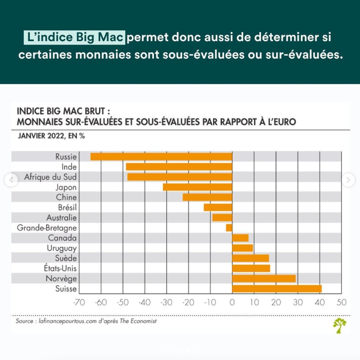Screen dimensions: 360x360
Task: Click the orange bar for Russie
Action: [x=161, y=157]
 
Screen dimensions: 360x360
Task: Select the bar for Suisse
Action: [x=277, y=289]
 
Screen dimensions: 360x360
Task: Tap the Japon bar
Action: [x=197, y=187]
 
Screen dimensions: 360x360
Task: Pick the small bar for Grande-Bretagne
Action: [x=229, y=228]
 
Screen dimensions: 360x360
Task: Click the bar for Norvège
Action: [x=264, y=279]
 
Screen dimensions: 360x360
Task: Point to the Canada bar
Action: [x=240, y=238]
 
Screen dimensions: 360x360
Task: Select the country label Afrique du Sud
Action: [x=50, y=177]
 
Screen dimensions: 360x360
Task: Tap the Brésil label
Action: [x=67, y=208]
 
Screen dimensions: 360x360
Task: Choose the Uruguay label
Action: [x=62, y=248]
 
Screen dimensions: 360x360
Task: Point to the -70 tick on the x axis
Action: [x=79, y=303]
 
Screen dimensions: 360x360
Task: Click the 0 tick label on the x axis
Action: [x=232, y=303]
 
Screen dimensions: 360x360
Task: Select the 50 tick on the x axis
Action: [x=342, y=303]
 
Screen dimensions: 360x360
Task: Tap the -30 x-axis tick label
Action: [x=167, y=303]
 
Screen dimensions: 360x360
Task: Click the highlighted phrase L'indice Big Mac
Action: [x=75, y=37]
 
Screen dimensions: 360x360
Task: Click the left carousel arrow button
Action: [x=12, y=180]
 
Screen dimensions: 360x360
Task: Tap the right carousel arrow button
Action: [x=348, y=180]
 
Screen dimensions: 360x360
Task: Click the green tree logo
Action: [x=340, y=325]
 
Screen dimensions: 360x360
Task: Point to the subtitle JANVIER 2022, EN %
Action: [x=51, y=136]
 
